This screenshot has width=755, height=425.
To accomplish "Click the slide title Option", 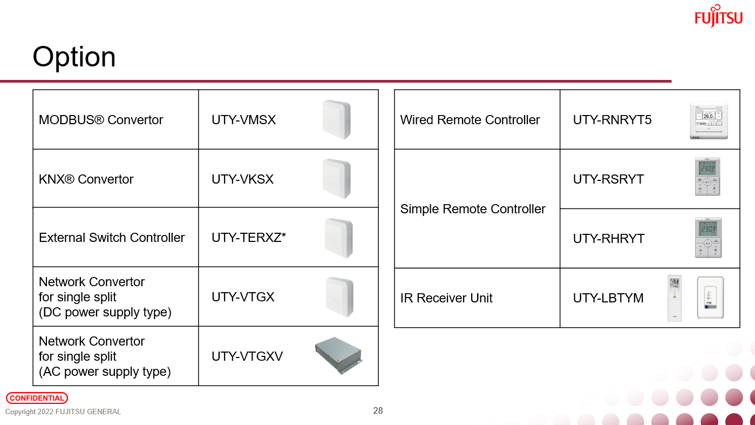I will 74,57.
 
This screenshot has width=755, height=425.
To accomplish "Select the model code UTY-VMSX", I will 243,120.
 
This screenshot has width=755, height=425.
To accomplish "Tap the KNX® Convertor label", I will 86,179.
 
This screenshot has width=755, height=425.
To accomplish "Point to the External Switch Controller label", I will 112,238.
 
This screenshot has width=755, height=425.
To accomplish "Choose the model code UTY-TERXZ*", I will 248,238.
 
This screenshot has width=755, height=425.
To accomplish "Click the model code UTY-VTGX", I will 243,297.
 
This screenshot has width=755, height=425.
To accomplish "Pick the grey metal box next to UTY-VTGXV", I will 338,355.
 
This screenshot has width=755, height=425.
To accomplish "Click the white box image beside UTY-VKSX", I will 337,179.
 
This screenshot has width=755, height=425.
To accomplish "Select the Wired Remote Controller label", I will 470,120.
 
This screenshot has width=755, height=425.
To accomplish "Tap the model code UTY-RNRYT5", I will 612,120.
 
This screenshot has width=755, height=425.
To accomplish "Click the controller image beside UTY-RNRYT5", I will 708,120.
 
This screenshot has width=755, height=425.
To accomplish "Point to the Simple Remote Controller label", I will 473,209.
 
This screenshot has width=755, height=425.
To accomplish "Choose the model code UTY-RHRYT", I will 608,239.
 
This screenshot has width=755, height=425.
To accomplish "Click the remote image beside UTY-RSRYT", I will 708,177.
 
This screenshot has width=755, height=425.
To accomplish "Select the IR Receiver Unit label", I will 446,298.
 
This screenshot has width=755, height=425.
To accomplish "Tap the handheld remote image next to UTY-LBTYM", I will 674,298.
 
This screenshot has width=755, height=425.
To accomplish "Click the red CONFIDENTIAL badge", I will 37,398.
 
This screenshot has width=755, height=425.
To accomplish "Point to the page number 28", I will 378,411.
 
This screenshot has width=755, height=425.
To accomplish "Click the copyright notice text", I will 63,412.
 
